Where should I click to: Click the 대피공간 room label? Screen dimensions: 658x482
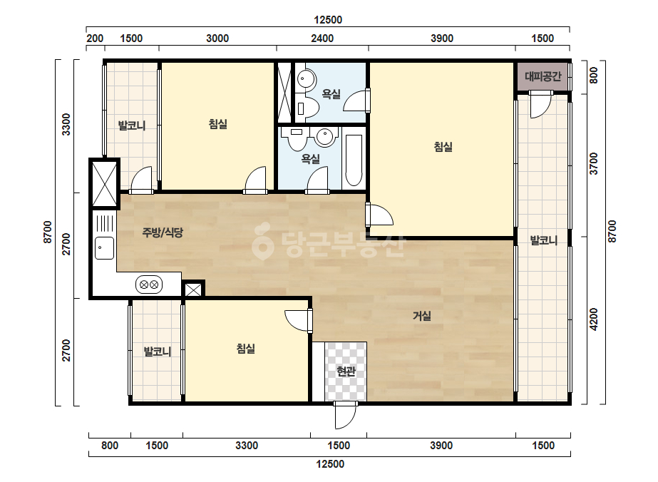tap(543, 76)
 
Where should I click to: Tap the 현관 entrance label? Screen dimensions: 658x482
tap(346, 371)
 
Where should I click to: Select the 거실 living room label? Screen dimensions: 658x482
tap(422, 316)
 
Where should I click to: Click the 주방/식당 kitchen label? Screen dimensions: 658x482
tap(163, 232)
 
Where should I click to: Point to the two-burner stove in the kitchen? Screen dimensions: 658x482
tap(149, 284)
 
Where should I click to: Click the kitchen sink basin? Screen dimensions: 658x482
tap(104, 248)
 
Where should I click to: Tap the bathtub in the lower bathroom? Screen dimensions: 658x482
tap(354, 160)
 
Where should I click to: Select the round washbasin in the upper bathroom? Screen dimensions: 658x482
tap(307, 79)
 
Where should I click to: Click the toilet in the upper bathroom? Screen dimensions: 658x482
tap(309, 107)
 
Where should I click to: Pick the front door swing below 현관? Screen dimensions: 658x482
tap(345, 416)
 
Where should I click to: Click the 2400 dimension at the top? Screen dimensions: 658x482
tap(322, 39)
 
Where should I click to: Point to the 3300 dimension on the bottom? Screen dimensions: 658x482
tap(247, 446)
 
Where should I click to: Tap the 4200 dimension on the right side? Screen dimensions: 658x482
tap(593, 319)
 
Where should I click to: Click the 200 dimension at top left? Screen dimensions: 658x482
tap(95, 39)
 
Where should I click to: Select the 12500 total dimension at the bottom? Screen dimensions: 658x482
tap(330, 464)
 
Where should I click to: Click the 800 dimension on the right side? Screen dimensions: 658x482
tap(593, 76)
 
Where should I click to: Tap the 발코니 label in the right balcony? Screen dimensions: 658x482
tap(543, 240)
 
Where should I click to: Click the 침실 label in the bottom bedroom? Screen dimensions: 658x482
tap(245, 349)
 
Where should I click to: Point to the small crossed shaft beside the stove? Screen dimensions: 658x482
tap(193, 289)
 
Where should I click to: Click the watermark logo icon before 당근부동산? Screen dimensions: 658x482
tap(262, 240)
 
